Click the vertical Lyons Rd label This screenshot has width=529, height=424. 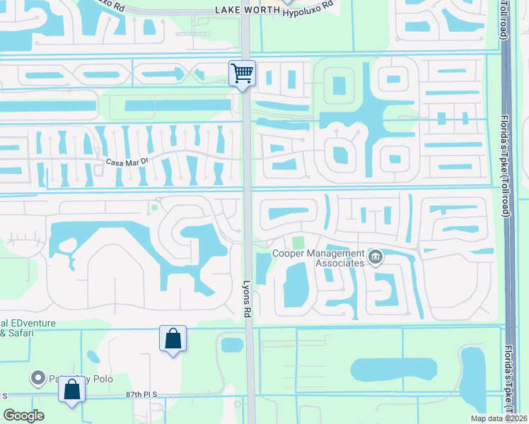[x=247, y=289]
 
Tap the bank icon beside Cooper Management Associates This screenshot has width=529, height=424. [x=376, y=257]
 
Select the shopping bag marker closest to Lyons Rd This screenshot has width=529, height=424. [x=173, y=340]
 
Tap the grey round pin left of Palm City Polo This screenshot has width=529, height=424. [x=37, y=378]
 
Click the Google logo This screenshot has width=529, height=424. [x=24, y=416]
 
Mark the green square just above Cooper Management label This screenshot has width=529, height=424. [x=298, y=242]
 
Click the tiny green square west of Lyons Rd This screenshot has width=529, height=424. [x=153, y=207]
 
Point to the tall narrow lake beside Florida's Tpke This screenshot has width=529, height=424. [x=472, y=377]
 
